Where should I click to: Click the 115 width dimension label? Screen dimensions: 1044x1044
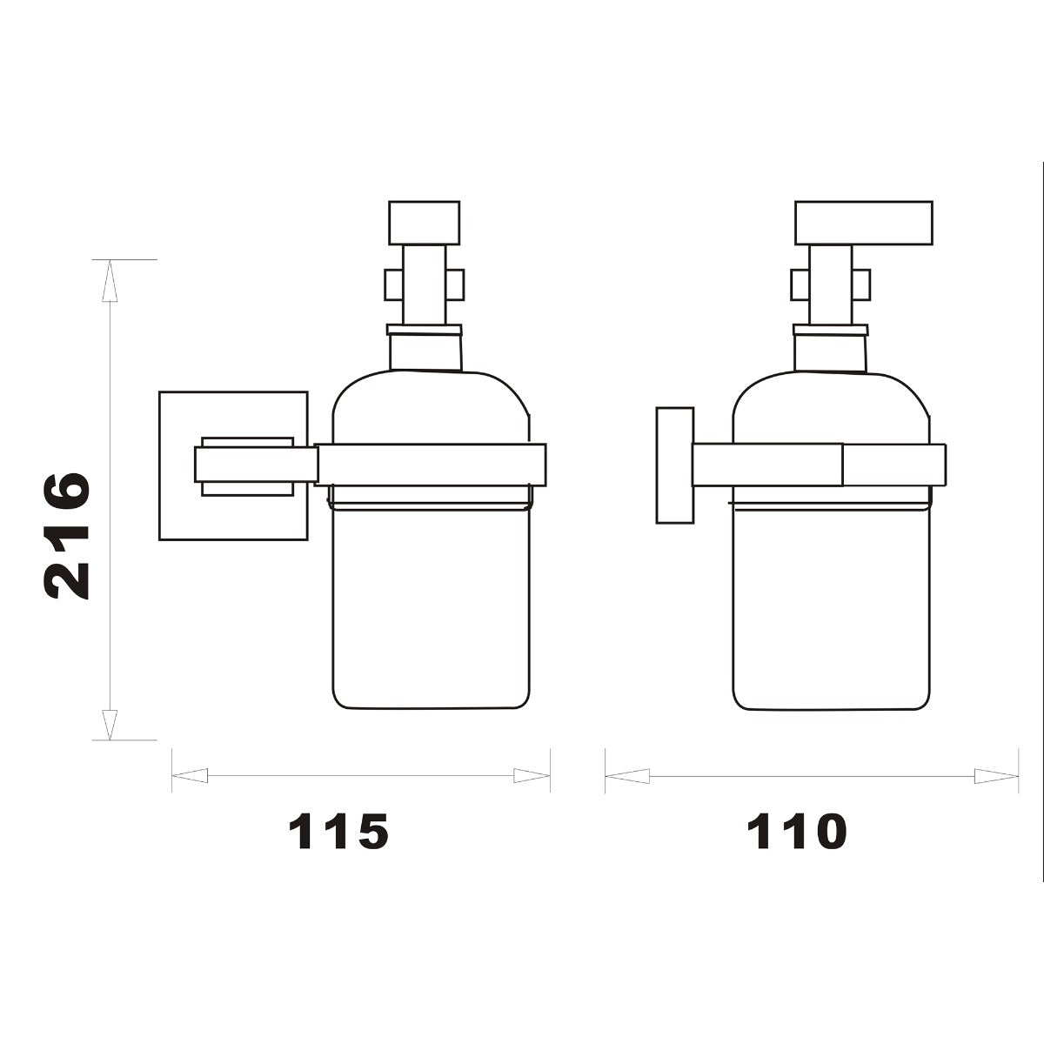click(338, 833)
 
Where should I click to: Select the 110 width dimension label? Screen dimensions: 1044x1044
click(796, 833)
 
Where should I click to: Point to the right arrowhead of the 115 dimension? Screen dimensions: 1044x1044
click(532, 775)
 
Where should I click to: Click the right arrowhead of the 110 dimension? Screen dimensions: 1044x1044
click(996, 775)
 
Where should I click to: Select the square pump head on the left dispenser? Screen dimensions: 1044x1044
click(424, 223)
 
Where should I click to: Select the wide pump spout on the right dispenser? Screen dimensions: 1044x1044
click(863, 223)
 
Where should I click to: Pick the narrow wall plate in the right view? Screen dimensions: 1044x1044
click(674, 465)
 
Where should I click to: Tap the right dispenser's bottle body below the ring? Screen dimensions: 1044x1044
click(833, 609)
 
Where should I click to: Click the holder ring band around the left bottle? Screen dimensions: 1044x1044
click(431, 465)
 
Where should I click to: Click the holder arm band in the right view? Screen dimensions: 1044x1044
click(818, 465)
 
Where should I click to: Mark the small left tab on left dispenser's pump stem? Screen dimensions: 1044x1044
click(391, 284)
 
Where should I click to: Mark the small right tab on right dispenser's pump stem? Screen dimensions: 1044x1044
click(861, 284)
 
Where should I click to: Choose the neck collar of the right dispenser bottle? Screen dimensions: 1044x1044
click(830, 330)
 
